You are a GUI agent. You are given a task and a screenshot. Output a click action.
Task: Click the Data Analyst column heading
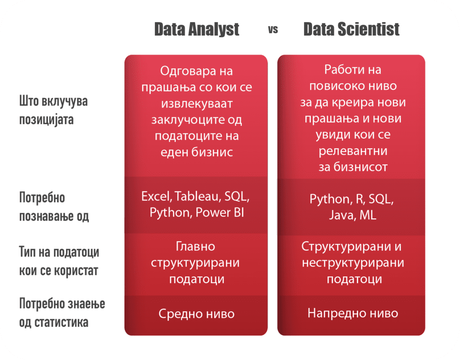pos(197,29)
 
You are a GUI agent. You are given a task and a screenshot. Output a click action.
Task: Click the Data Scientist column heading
pos(351,29)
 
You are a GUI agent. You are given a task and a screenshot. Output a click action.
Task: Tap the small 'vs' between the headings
pos(273,30)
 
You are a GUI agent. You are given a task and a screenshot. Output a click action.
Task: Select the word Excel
pos(156,196)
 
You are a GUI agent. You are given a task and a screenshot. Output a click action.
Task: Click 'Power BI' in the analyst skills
pos(220,213)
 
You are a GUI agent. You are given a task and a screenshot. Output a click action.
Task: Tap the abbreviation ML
pos(368,215)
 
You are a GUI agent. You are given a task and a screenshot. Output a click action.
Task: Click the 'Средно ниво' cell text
pos(197,314)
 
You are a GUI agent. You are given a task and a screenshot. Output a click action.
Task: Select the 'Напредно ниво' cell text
pos(353,313)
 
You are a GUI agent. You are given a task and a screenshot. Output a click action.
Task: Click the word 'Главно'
pos(195,246)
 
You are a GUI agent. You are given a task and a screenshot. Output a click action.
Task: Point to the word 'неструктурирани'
pos(353,262)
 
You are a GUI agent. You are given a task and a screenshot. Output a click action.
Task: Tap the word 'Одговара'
pos(188,71)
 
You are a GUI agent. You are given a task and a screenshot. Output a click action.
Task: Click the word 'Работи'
pos(343,70)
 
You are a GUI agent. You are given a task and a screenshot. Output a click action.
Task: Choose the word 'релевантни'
pos(353,151)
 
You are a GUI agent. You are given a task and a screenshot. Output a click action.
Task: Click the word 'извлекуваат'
pos(197,103)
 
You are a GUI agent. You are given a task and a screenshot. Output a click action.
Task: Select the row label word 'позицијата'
pos(46,120)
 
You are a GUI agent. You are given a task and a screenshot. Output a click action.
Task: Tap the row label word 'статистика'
pos(61,322)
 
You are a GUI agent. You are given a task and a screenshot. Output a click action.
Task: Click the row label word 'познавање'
pos(46,216)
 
